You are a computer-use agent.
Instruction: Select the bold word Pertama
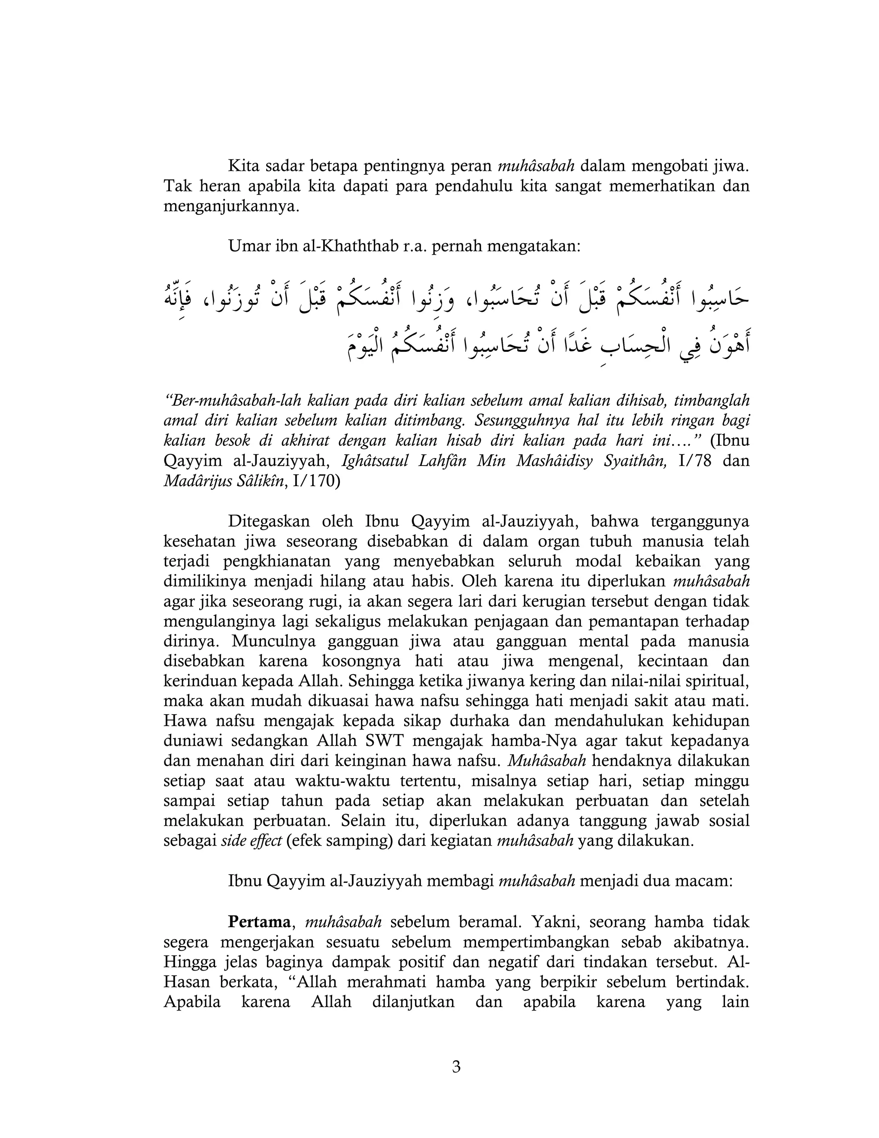click(x=259, y=921)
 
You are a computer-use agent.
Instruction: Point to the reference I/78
click(x=695, y=461)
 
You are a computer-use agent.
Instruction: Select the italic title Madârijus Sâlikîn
click(x=224, y=481)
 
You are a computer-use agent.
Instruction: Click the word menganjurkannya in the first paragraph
click(x=231, y=206)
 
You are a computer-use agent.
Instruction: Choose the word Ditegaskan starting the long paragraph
click(x=269, y=521)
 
